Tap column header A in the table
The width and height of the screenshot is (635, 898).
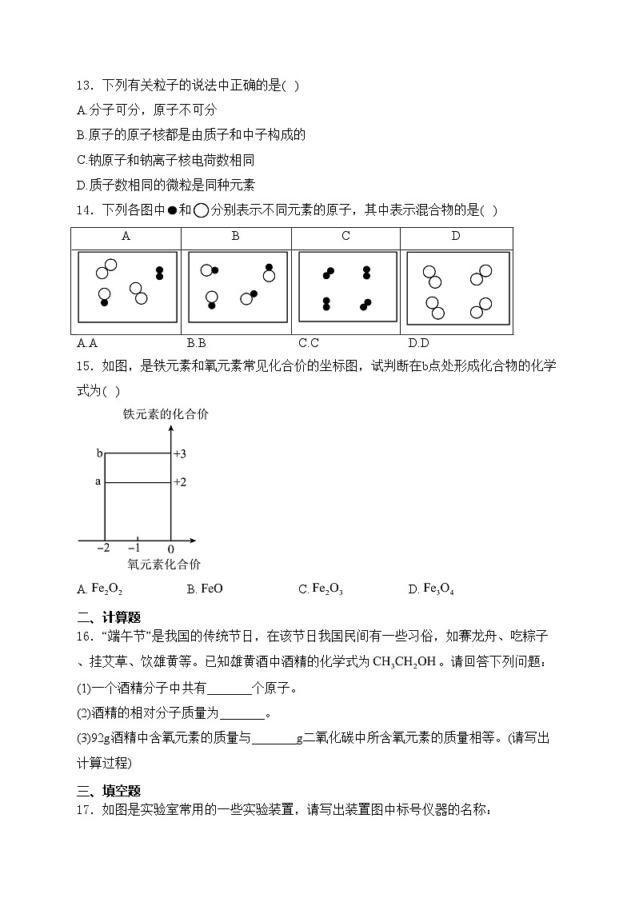126,237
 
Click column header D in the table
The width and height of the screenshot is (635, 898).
456,237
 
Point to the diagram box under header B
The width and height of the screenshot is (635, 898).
237,287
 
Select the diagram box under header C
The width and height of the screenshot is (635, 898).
346,287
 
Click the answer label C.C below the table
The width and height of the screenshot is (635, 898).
309,343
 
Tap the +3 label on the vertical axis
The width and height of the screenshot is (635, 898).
180,454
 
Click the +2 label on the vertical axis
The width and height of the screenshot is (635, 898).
180,482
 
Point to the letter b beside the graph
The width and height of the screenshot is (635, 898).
99,453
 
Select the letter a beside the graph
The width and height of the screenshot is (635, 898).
98,481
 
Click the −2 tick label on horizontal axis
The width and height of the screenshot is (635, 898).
104,549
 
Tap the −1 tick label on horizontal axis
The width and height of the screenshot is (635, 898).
135,549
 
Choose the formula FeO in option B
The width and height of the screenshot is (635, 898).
211,589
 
